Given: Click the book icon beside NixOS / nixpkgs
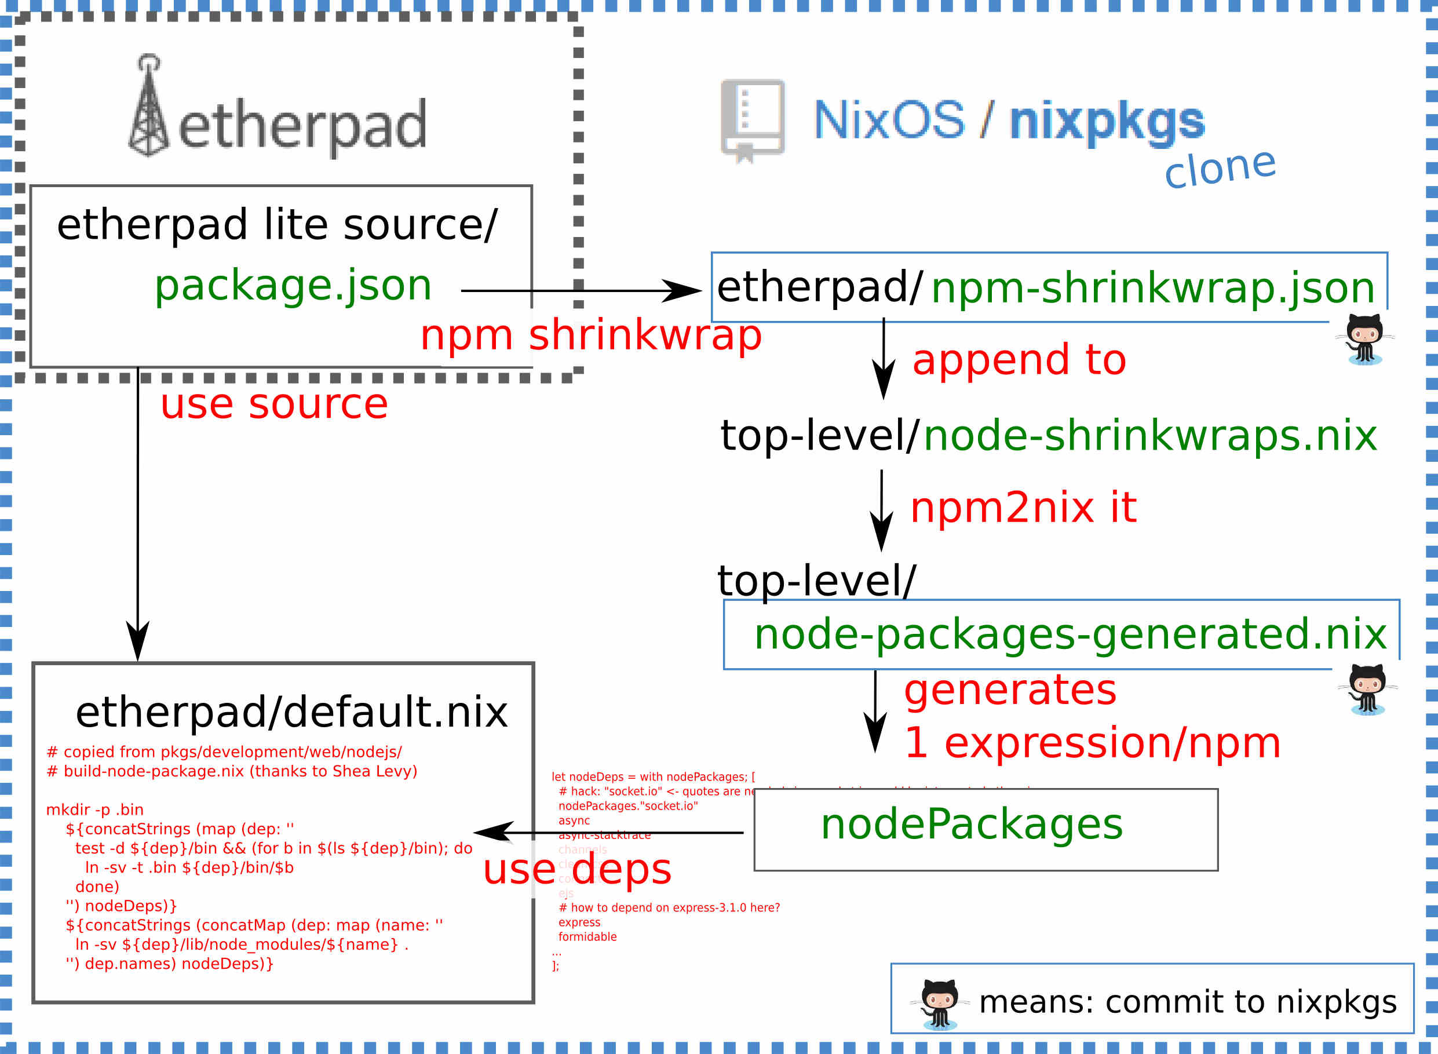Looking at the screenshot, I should (x=752, y=119).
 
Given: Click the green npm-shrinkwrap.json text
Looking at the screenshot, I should (x=1152, y=288).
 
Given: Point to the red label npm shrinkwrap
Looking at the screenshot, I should (x=591, y=335).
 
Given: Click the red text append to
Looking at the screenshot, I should (x=1019, y=359).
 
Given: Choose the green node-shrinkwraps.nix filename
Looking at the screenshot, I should (x=1149, y=436).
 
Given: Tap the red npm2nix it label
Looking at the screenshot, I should (x=1023, y=508).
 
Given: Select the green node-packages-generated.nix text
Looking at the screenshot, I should (x=1070, y=634).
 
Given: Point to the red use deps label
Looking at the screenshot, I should (x=576, y=869).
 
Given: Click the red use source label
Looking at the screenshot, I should (x=273, y=404).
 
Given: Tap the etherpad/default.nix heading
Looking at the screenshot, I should (x=291, y=712).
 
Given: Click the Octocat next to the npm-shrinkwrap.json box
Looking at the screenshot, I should (x=1364, y=339).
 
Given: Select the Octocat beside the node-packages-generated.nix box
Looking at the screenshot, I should (x=1367, y=689).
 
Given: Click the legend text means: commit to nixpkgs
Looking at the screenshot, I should (x=1187, y=1002).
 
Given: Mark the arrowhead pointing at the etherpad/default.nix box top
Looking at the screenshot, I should (x=138, y=644).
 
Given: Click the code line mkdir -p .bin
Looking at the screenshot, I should (x=95, y=809).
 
